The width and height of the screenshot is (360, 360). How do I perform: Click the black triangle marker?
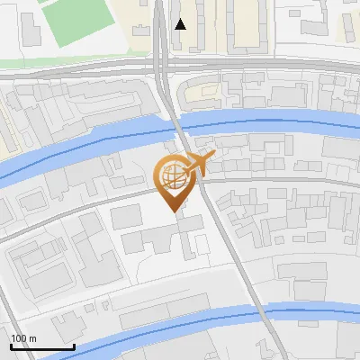coord(181,24)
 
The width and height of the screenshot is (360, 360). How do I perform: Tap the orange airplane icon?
coord(199,165)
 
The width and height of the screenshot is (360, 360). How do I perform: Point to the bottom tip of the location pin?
coord(172,211)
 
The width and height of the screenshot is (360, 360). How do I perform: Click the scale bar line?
coord(41,346)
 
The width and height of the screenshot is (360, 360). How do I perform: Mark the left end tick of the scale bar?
coord(10,345)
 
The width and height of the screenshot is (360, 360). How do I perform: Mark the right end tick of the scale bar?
coord(74,345)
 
